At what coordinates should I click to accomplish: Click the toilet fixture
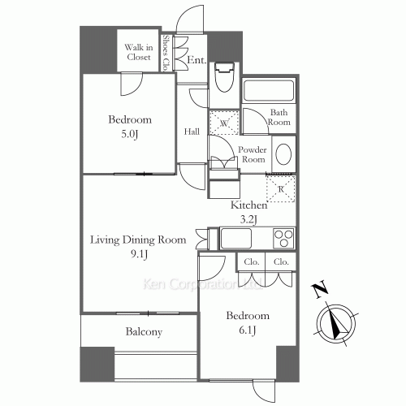coord(224,77)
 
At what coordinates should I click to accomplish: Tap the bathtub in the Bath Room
coord(269,90)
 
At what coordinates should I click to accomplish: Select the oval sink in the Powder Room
coord(283,154)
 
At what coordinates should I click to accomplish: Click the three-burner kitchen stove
coord(283,238)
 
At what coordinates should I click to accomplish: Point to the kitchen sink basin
coord(235,238)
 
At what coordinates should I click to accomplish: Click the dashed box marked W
coord(224,123)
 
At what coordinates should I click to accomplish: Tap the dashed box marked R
coord(281,188)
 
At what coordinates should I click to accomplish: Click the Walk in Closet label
coord(139,52)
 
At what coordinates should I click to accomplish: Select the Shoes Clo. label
coord(166,53)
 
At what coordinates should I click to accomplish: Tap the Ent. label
coord(197,60)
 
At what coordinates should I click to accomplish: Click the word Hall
coord(192,132)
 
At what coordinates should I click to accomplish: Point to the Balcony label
coord(144,332)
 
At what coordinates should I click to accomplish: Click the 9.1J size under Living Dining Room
coord(139,254)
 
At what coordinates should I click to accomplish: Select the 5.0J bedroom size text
coord(130,134)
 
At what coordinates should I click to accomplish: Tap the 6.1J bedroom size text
coord(248,330)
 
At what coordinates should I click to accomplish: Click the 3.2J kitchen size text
coord(248,219)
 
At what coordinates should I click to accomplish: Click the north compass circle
coord(336,323)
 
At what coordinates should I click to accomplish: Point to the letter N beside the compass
coord(320,291)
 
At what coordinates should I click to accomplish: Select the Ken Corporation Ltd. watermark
coord(202,284)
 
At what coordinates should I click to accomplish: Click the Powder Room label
coord(253,154)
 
